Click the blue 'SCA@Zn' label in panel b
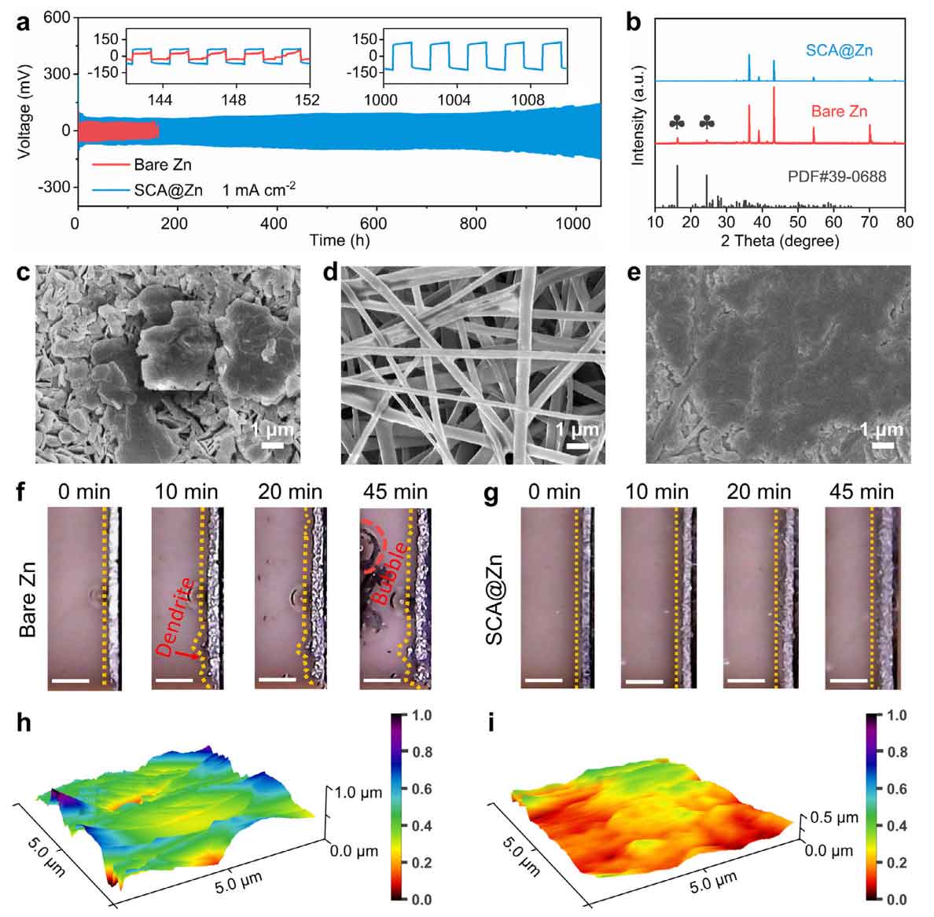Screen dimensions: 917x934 (x=839, y=52)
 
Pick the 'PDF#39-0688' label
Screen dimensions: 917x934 (x=837, y=177)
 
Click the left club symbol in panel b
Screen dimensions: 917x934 (x=677, y=123)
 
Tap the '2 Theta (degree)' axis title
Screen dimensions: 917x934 (x=779, y=240)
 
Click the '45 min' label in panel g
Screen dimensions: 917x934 (x=861, y=492)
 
